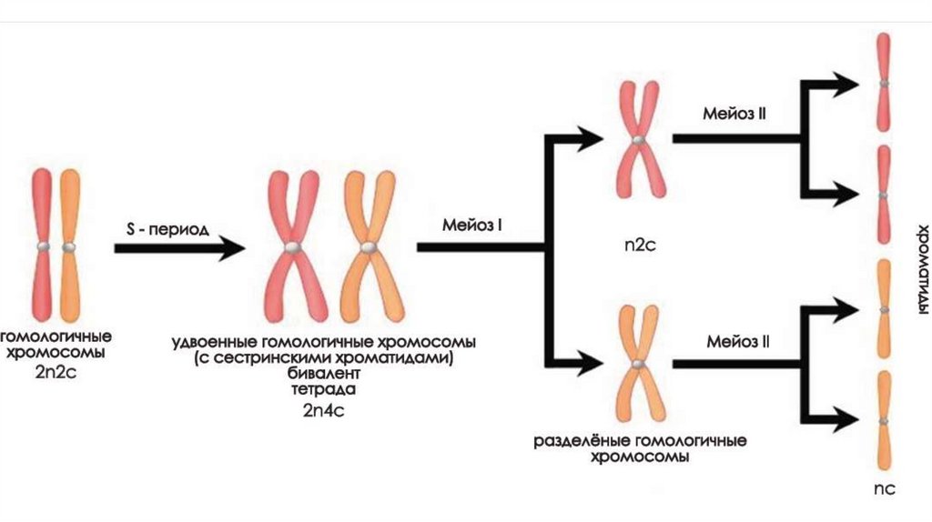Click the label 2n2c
coord(56,371)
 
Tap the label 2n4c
coord(323,410)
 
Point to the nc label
coord(885,488)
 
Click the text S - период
coord(167,229)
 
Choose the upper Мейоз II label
coord(734,115)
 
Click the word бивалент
coord(322,374)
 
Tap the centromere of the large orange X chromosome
coord(368,246)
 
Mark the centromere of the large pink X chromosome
coord(291,246)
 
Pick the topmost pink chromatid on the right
coord(883,83)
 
